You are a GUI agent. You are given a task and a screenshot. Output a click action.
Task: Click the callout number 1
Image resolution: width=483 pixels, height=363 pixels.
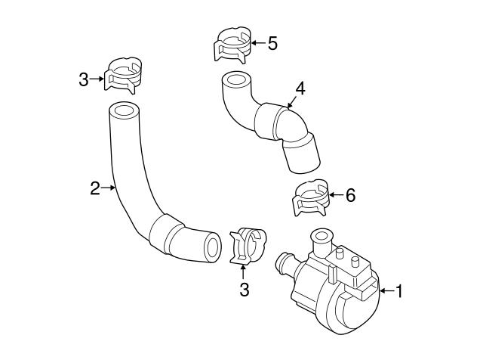(399, 291)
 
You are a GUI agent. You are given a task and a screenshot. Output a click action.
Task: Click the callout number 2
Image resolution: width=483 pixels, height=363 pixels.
(94, 188)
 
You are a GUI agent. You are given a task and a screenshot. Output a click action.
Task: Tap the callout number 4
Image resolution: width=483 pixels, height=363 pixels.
(300, 88)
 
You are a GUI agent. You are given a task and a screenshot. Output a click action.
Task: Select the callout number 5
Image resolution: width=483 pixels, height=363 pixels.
(272, 42)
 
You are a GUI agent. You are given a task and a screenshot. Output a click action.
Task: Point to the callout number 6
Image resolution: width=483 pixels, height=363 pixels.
(349, 195)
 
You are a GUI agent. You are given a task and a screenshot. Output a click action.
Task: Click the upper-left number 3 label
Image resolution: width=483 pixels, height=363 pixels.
(84, 78)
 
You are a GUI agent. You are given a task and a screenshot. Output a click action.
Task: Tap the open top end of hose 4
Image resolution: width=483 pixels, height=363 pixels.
(235, 80)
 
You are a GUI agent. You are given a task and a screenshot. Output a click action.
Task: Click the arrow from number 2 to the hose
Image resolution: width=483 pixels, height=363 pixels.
(108, 188)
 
